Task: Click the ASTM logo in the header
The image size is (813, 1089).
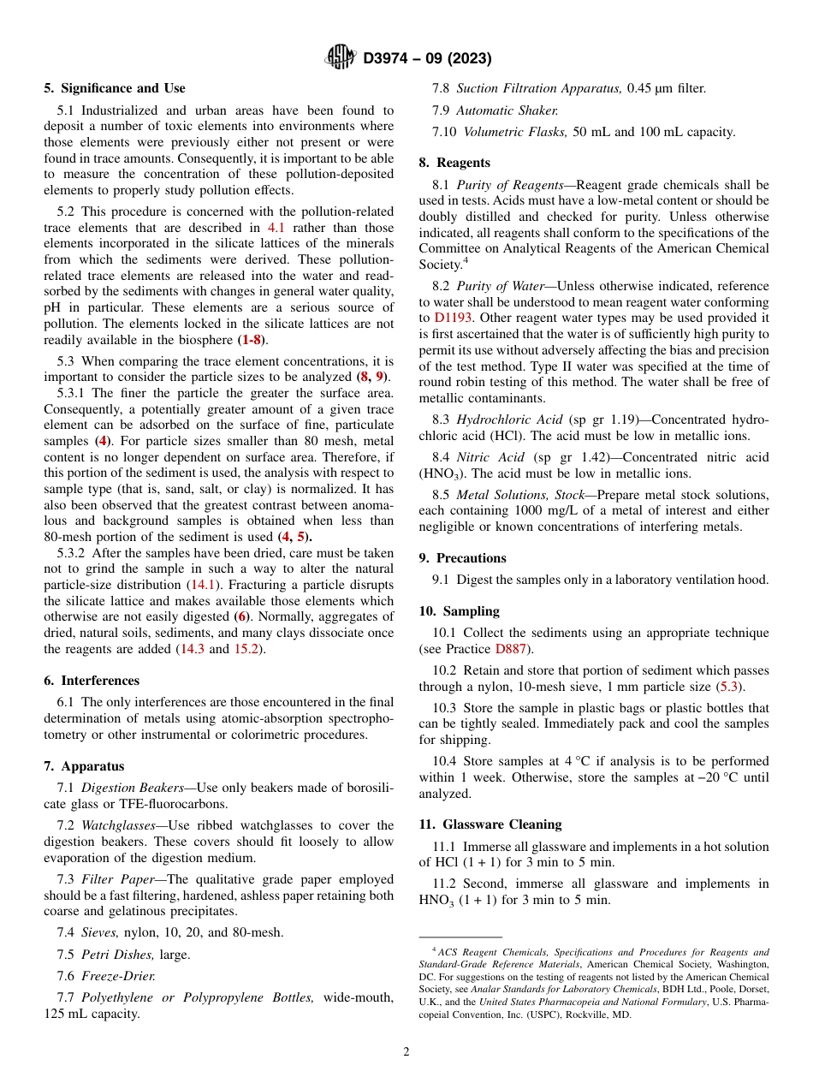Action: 341,58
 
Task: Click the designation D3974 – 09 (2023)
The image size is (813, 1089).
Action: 427,59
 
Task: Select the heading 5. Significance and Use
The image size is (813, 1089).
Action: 114,88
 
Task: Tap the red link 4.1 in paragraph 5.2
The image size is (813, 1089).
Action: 276,228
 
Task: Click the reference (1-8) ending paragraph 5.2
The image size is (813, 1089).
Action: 250,340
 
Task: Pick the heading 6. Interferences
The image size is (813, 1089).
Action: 92,681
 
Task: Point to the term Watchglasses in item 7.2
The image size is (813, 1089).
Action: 118,825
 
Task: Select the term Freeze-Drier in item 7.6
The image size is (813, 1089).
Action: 118,976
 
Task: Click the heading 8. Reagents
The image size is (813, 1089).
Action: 454,163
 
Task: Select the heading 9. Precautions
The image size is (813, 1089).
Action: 462,558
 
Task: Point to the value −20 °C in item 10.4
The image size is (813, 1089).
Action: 726,777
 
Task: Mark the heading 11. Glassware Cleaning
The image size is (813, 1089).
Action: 490,824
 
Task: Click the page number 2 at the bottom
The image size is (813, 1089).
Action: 406,1052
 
